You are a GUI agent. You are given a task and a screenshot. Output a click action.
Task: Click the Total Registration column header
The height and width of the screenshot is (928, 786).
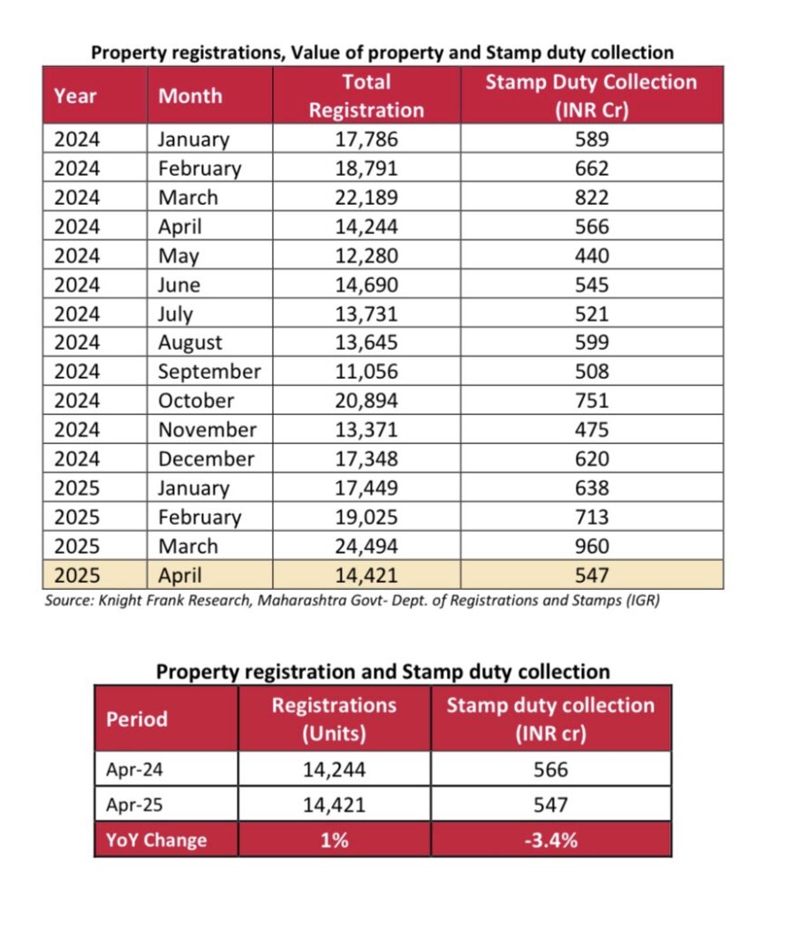tap(366, 96)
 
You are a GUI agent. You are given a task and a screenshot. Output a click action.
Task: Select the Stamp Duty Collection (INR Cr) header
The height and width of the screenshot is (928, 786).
tap(591, 96)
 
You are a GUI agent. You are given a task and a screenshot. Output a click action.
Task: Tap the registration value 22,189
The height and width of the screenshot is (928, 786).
tap(366, 198)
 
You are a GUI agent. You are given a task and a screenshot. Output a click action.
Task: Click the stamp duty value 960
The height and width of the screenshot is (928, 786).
tap(591, 546)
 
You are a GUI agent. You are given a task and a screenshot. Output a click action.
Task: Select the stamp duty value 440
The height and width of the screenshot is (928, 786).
tap(591, 256)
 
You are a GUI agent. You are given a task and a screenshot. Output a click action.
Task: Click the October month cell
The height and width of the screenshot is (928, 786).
tap(196, 401)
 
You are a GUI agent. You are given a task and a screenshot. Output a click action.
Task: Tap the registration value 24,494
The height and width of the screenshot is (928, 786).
tap(366, 546)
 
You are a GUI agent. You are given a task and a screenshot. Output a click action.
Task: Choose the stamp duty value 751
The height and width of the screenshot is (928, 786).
tap(591, 401)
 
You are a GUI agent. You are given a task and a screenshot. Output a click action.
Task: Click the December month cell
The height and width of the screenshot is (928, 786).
tap(206, 459)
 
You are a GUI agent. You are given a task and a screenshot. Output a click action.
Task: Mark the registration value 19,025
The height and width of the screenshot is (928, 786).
tap(366, 517)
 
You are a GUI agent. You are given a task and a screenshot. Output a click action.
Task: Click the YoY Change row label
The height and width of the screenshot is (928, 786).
tap(156, 840)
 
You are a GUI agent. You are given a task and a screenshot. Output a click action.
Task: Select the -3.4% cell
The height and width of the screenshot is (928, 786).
tap(550, 840)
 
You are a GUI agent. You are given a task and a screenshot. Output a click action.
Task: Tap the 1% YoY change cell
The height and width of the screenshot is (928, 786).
tap(335, 840)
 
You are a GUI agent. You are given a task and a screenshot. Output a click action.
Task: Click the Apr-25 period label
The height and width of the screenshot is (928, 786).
tap(134, 805)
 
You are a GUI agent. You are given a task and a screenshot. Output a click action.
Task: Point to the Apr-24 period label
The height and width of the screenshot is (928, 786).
tap(134, 769)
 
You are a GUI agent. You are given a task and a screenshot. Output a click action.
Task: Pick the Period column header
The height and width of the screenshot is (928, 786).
tap(137, 719)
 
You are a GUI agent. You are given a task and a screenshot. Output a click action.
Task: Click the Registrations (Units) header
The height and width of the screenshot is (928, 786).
tap(334, 719)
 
